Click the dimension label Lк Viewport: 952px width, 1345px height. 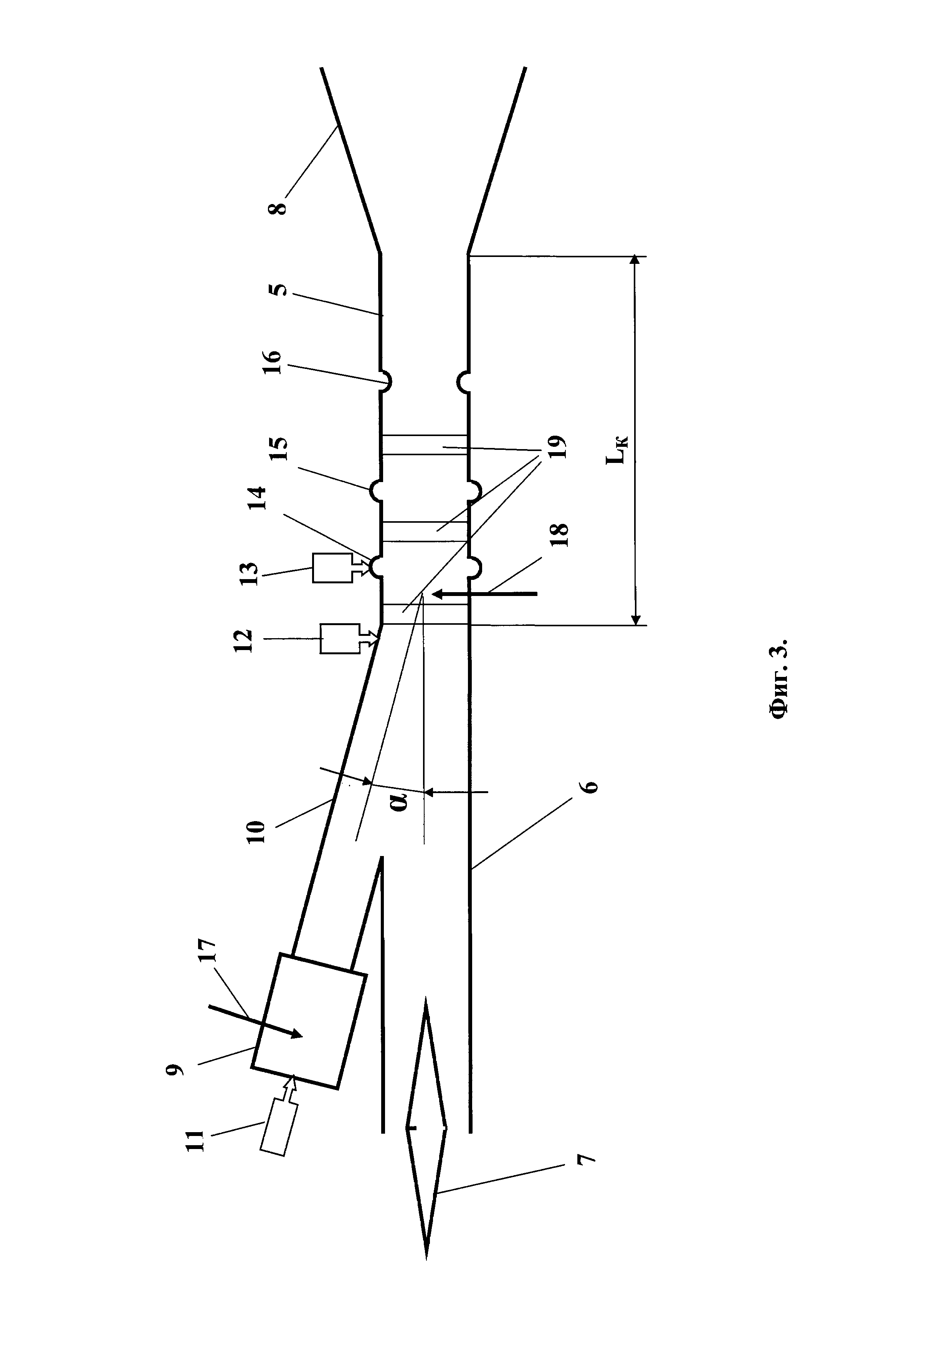click(x=617, y=449)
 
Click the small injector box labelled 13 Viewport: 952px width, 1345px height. click(x=332, y=567)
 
